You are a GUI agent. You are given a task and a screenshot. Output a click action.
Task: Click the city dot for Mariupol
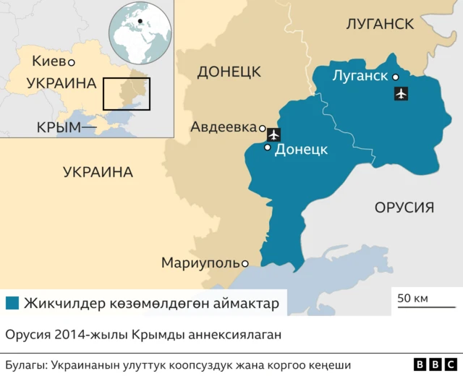245,263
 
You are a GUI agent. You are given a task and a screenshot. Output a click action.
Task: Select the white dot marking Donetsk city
268,148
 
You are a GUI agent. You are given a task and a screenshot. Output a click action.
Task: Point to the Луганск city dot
396,77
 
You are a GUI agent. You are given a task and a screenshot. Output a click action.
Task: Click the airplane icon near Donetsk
274,134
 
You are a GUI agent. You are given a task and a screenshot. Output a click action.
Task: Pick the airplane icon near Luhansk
401,93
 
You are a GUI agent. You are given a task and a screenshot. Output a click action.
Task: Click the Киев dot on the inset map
72,62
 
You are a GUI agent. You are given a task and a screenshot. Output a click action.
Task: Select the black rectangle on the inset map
126,93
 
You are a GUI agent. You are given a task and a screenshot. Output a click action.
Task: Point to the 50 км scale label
412,298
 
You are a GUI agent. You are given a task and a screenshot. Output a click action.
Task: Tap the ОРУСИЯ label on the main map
404,208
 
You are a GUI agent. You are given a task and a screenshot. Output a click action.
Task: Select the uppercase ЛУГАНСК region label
380,25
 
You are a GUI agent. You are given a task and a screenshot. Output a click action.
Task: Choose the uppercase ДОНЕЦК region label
229,72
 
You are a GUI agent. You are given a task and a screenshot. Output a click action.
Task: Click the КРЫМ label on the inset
58,127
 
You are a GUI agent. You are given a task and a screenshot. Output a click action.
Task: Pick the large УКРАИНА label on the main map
98,172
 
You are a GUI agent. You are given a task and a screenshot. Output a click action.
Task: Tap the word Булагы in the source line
27,365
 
